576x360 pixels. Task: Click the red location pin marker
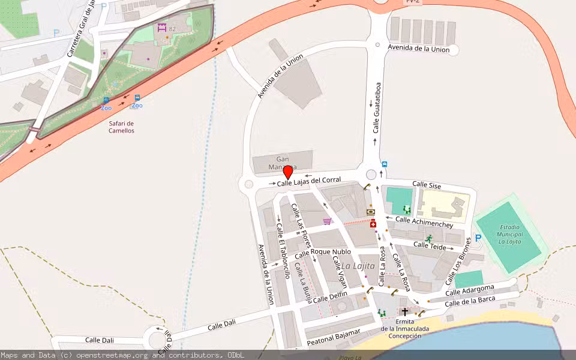[287, 172]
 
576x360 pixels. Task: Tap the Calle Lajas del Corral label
[309, 181]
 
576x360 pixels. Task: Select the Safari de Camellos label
[121, 127]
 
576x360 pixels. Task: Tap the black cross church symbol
[405, 312]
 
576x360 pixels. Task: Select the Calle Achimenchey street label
[424, 223]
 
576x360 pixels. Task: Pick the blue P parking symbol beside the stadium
[478, 238]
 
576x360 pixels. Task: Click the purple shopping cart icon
[327, 221]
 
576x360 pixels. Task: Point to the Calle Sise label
[427, 186]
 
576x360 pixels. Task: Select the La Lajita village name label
[358, 265]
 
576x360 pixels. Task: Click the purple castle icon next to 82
[161, 28]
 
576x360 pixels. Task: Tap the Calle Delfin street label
[330, 296]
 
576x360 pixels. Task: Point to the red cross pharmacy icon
[373, 224]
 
